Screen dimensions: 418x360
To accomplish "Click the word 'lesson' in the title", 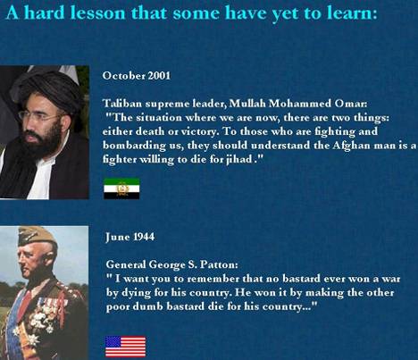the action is tap(97, 13).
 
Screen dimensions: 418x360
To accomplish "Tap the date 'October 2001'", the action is tap(137, 76).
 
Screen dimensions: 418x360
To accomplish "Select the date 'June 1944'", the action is tap(130, 237).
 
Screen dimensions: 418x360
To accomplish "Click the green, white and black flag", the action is tap(121, 188).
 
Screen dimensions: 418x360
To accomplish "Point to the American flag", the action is tap(126, 347).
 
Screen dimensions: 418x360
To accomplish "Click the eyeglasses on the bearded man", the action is tap(38, 115).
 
